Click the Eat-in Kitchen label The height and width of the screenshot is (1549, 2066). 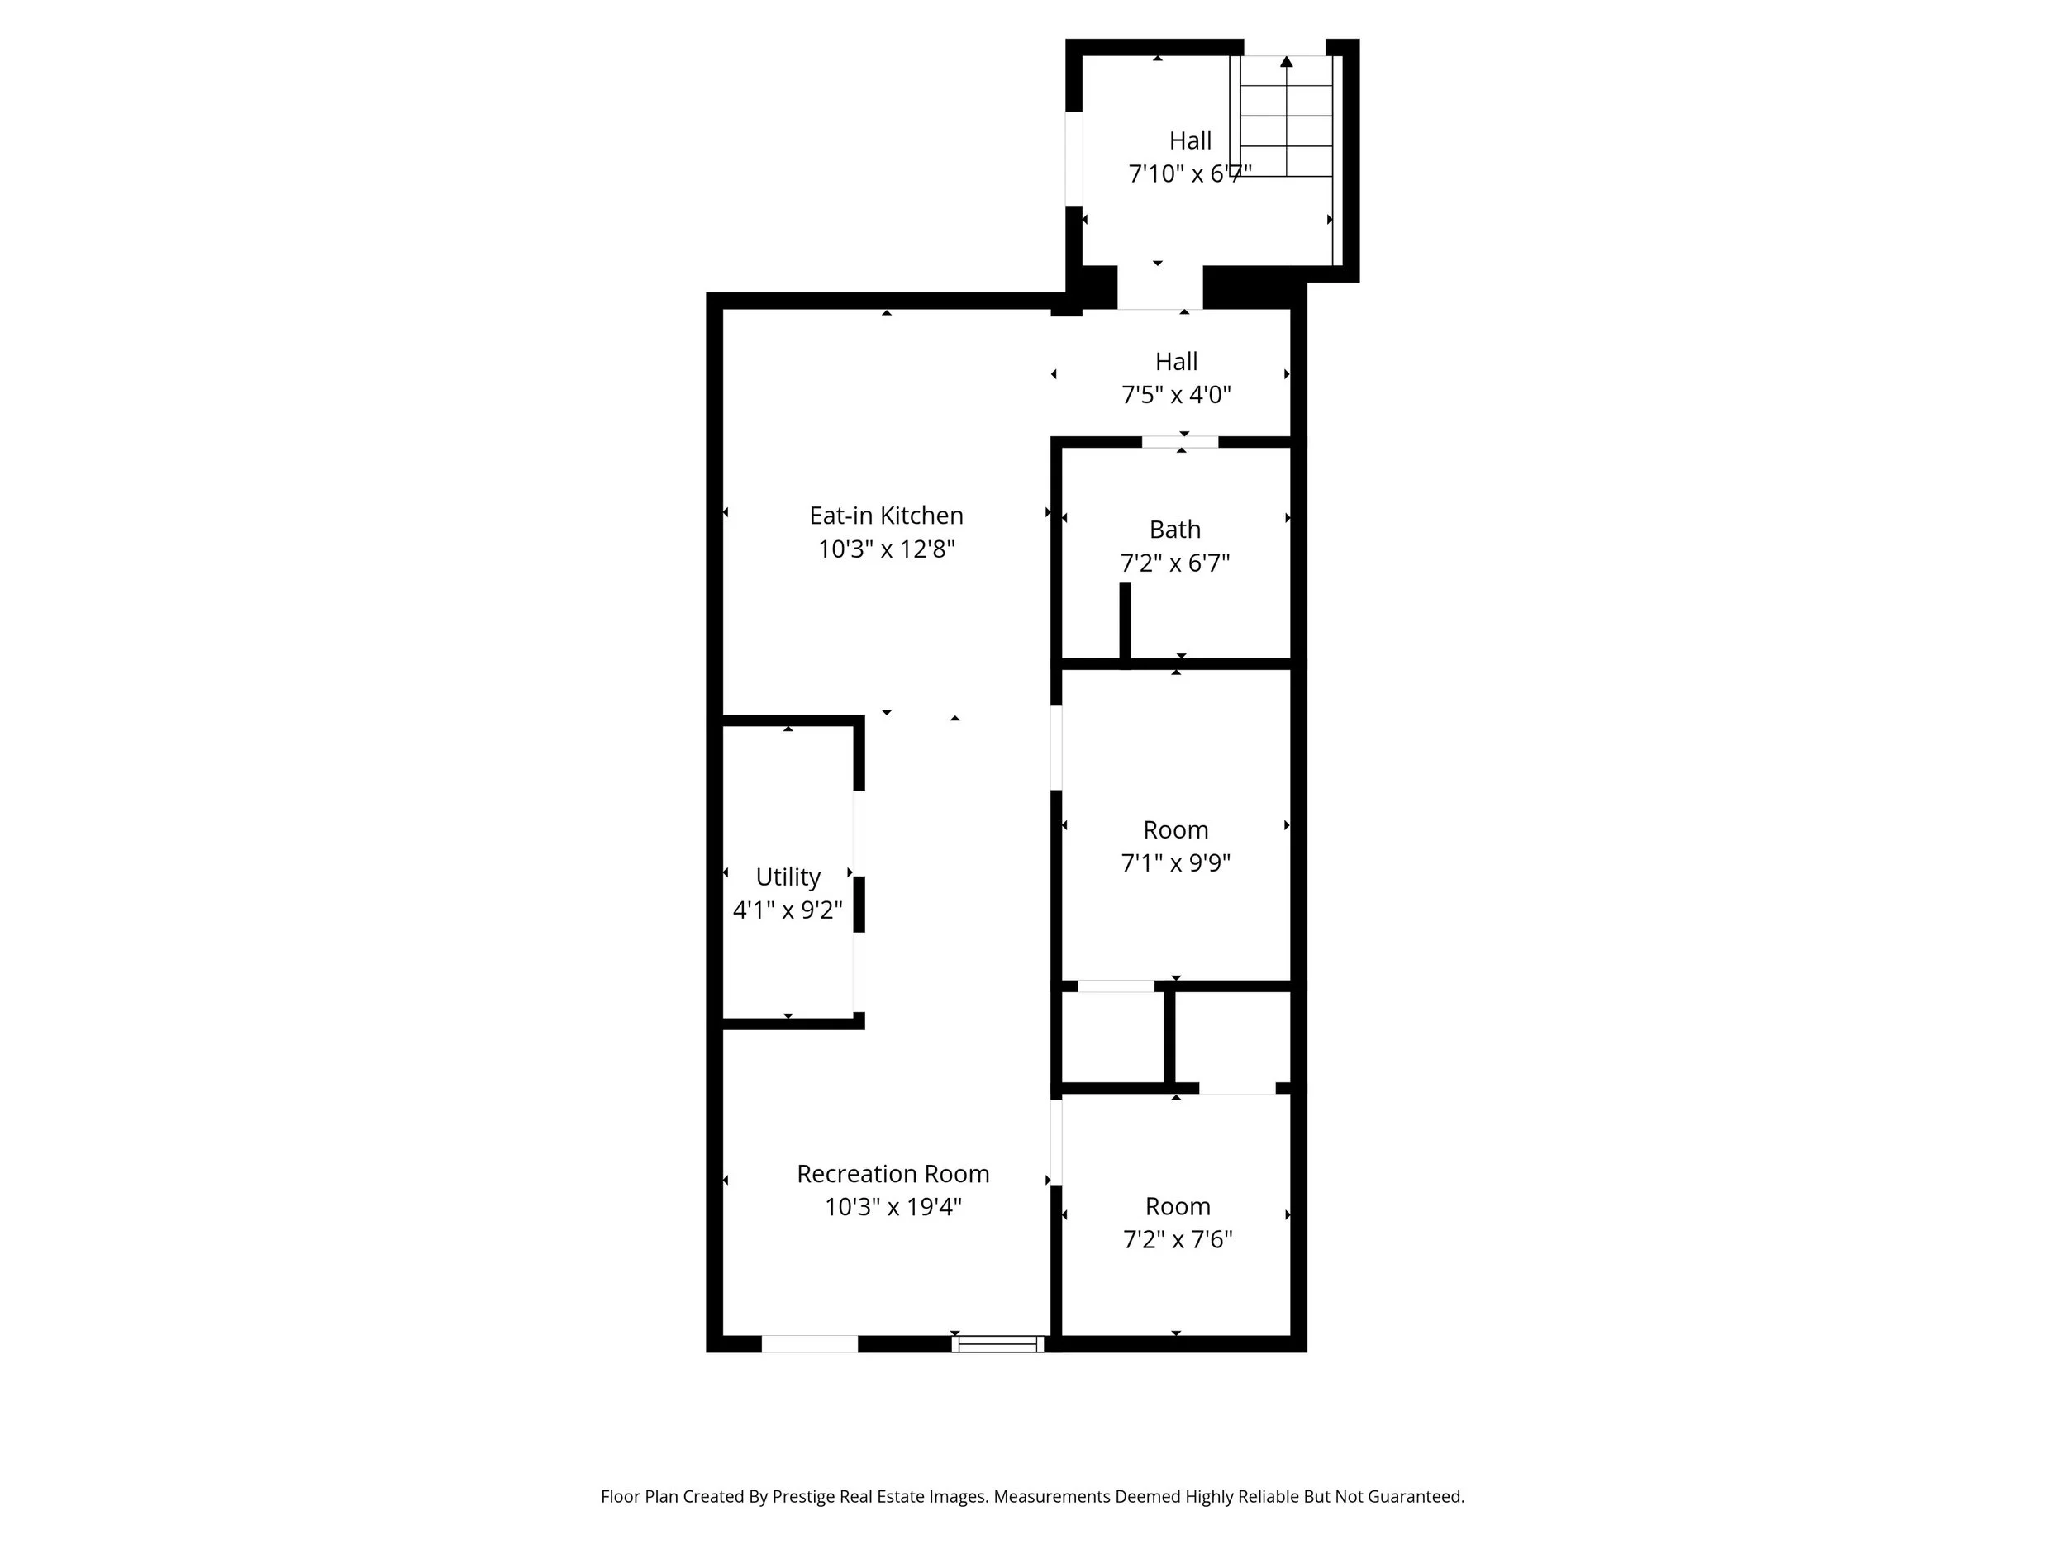point(885,516)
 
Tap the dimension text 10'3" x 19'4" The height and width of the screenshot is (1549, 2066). point(892,1207)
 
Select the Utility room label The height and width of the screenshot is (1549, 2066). point(788,877)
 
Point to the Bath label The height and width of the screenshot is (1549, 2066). point(1174,530)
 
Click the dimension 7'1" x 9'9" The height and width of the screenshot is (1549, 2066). point(1175,862)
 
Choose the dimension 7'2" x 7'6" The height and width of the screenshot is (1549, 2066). point(1177,1240)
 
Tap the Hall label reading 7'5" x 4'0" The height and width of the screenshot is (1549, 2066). point(1176,361)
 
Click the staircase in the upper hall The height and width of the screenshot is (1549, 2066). point(1286,116)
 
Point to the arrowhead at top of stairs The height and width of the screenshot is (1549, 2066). point(1286,62)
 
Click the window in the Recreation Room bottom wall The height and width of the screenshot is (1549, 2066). point(997,1343)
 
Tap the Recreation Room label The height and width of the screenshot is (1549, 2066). point(892,1174)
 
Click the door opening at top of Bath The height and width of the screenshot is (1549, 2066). point(1179,442)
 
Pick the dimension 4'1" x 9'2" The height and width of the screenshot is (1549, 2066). point(788,910)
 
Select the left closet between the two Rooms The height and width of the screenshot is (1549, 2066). point(1112,1038)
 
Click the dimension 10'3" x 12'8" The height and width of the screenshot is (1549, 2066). point(885,549)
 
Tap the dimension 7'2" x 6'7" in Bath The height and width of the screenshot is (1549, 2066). point(1174,563)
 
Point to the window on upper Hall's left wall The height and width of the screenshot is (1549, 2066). point(1074,158)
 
